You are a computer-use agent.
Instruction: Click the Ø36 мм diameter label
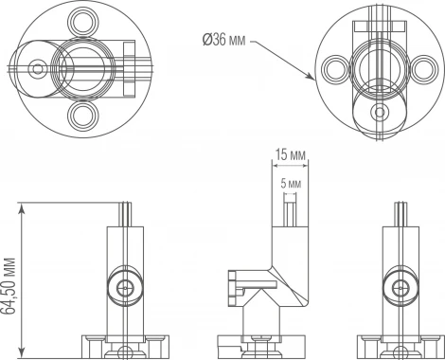pyautogui.click(x=223, y=41)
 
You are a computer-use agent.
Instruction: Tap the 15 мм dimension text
pyautogui.click(x=291, y=155)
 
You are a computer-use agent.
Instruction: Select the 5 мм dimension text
pyautogui.click(x=291, y=184)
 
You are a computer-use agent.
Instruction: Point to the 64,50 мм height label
pyautogui.click(x=9, y=286)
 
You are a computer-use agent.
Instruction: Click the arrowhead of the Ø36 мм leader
pyautogui.click(x=311, y=77)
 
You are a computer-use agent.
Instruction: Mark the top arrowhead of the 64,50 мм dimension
pyautogui.click(x=22, y=207)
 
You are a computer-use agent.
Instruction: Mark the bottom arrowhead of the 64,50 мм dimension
pyautogui.click(x=22, y=352)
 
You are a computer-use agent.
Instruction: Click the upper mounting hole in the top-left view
pyautogui.click(x=83, y=22)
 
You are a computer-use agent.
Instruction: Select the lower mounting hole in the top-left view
pyautogui.click(x=83, y=116)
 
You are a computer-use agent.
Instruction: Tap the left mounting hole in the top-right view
pyautogui.click(x=336, y=69)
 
